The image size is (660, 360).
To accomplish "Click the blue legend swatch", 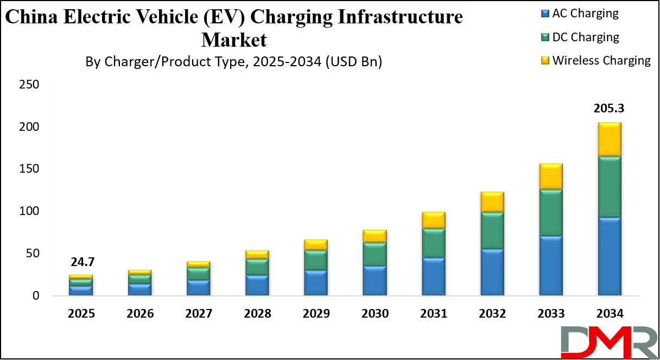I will (544, 12).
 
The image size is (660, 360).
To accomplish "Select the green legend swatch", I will (544, 36).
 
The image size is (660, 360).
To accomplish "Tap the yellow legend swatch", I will (544, 60).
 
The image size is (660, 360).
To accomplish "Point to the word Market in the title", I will (234, 40).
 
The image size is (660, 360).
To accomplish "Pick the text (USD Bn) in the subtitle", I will (353, 62).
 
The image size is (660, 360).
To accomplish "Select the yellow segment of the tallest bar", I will (609, 140).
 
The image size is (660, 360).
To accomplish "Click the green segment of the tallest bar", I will (609, 187).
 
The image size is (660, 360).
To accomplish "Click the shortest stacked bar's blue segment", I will (80, 290).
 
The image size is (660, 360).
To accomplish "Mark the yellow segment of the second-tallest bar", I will (550, 176).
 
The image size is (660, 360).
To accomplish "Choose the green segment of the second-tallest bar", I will (550, 213).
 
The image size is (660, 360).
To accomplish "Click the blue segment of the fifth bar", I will (315, 282).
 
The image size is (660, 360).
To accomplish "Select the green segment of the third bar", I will (198, 274).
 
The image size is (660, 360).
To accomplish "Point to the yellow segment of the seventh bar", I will (433, 220).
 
